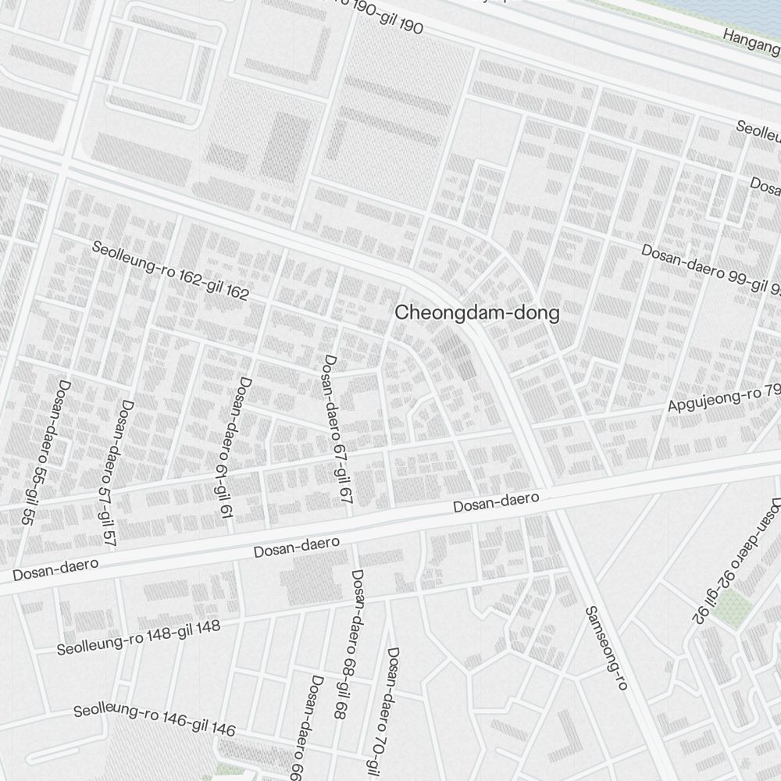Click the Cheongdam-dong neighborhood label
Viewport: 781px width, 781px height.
[476, 313]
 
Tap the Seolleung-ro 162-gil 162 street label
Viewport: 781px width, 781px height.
[170, 271]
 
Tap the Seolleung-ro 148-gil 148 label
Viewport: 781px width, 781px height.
[138, 637]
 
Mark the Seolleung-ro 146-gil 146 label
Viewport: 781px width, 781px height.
[154, 720]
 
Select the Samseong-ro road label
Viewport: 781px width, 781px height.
[606, 648]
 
